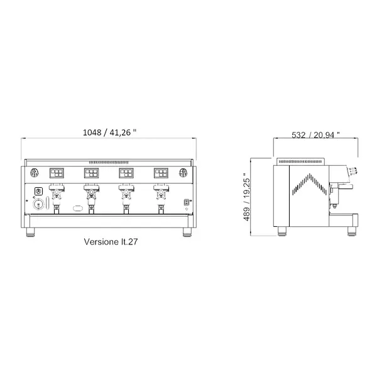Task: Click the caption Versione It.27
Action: pos(111,241)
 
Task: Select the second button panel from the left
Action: pos(92,173)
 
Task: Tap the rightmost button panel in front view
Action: pos(158,173)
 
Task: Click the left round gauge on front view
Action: pos(35,173)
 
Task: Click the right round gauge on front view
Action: pos(183,173)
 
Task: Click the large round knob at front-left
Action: pos(38,204)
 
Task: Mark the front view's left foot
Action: pos(31,232)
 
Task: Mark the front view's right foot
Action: pos(186,232)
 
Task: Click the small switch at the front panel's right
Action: pos(186,202)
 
